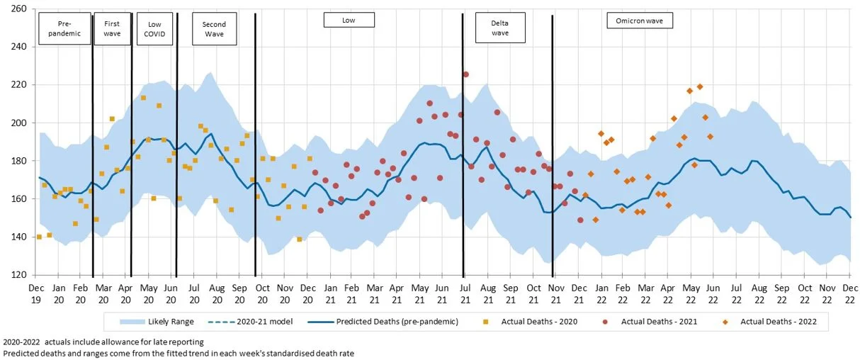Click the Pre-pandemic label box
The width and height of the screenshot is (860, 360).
(64, 28)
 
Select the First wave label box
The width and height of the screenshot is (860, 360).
(112, 28)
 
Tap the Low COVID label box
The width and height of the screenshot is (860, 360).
(154, 28)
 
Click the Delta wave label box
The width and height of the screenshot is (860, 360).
(500, 28)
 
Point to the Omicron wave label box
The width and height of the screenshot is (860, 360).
(639, 21)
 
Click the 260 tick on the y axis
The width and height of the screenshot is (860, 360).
(18, 9)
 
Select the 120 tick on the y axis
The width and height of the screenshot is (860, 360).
(18, 275)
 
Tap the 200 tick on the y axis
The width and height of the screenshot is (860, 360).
(18, 123)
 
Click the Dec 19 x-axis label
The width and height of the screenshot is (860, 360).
(35, 293)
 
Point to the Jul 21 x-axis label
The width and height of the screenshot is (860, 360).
(465, 293)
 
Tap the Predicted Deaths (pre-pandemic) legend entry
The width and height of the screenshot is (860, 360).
(385, 322)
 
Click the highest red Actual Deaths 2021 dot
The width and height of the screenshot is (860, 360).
(465, 74)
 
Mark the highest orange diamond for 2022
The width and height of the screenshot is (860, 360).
(700, 86)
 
